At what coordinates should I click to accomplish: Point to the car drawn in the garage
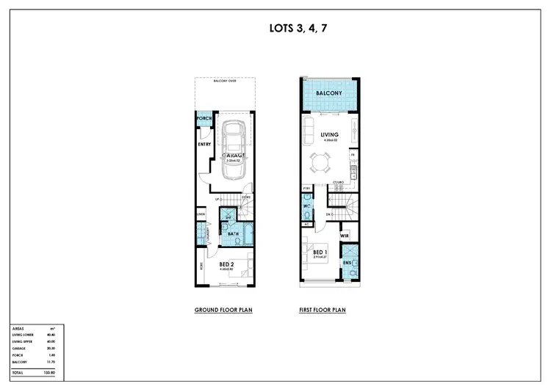point(234,150)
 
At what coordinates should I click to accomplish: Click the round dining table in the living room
point(321,161)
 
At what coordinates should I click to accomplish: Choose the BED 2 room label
point(226,264)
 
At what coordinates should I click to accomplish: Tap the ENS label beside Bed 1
point(347,262)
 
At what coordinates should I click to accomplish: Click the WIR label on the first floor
point(345,236)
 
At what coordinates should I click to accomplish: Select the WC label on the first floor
point(308,206)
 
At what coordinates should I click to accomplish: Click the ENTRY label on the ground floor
point(205,145)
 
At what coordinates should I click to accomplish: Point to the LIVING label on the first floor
point(328,134)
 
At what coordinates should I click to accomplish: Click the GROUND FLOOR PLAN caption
point(223,310)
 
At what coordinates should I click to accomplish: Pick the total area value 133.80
point(50,373)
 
